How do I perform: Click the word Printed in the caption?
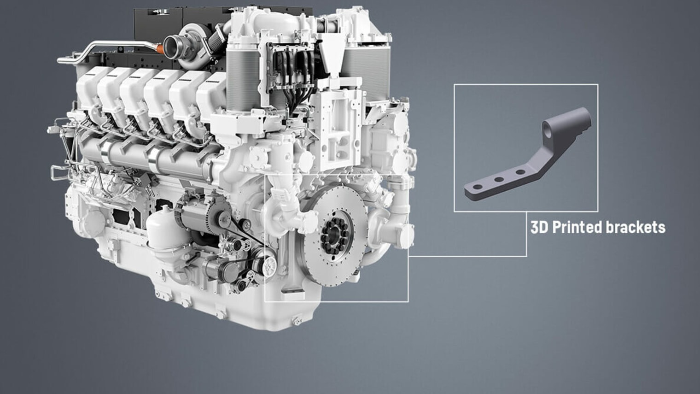(577, 227)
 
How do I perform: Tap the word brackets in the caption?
(636, 227)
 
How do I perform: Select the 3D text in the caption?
(539, 227)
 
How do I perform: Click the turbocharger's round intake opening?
(172, 47)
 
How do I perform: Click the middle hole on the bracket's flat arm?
(499, 180)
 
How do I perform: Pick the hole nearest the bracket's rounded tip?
(478, 187)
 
